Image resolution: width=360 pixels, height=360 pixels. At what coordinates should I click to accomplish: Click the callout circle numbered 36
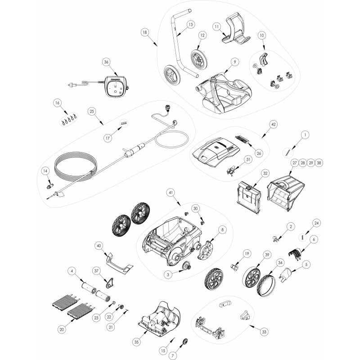tap(106, 62)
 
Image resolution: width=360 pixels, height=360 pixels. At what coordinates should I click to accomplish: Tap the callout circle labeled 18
tap(144, 32)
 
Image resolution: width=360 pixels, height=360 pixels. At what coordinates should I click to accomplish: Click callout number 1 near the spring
tap(305, 134)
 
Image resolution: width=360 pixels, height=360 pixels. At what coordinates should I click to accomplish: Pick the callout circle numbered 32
tap(265, 173)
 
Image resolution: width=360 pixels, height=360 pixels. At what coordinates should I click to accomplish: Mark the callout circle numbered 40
tap(99, 245)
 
